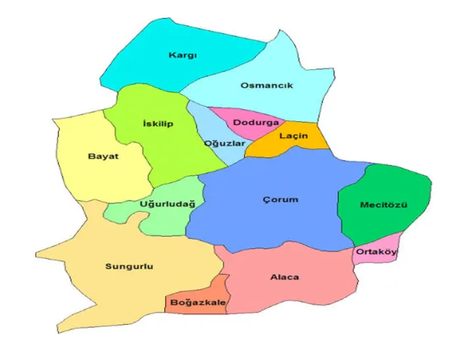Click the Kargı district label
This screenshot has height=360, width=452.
tap(183, 55)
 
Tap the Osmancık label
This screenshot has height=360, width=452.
tap(266, 86)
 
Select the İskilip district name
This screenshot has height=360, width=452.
tap(157, 124)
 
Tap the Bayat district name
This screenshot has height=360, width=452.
tap(103, 156)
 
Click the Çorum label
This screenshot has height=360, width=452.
tap(280, 200)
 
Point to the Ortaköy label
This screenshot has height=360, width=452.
tap(375, 252)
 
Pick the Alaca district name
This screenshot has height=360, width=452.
tap(284, 277)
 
